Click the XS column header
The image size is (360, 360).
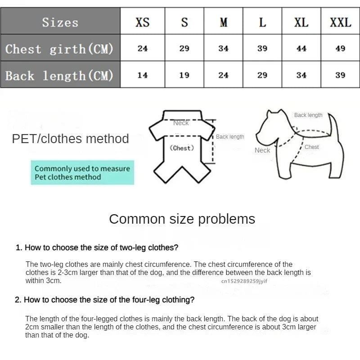(x=143, y=22)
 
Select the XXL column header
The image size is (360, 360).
(x=340, y=22)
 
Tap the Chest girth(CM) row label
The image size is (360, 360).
(x=59, y=49)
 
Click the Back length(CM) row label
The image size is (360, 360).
(x=59, y=75)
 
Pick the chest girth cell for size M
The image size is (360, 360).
(x=224, y=48)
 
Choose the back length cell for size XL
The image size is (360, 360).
(x=301, y=75)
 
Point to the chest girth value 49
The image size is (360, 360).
(x=340, y=48)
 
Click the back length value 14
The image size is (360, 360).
(x=143, y=75)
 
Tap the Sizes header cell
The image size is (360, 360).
(x=60, y=22)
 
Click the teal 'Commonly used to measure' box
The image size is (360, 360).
(x=82, y=173)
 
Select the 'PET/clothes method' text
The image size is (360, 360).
(x=70, y=139)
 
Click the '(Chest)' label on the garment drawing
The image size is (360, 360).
(x=182, y=148)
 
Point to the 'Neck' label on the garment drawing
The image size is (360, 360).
(x=181, y=123)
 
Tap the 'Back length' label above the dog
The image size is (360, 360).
(x=308, y=115)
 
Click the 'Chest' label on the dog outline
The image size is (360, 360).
(x=311, y=147)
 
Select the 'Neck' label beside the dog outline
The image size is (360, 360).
(x=262, y=150)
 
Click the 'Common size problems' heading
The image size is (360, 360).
(x=182, y=219)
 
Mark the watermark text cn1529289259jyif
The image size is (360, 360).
(x=244, y=281)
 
